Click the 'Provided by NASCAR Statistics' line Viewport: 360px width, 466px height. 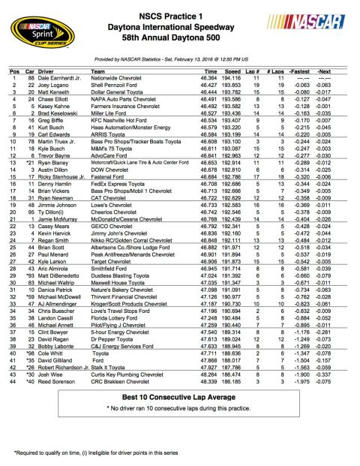point(180,57)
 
